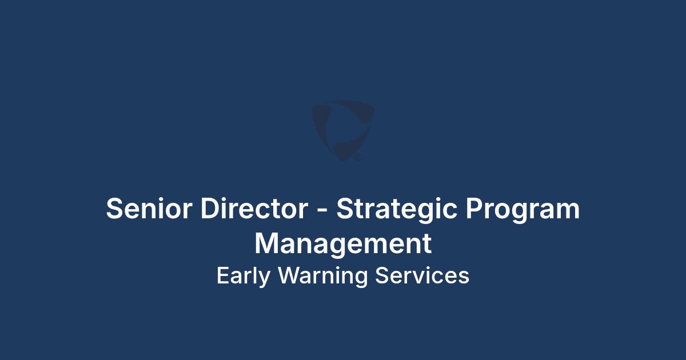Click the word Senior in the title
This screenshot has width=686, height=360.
149,208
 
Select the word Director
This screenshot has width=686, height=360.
254,208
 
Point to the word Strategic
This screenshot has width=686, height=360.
397,211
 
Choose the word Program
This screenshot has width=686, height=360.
523,211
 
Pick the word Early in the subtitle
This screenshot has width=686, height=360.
244,277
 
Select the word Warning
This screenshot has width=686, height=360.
323,277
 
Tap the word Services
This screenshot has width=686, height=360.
422,275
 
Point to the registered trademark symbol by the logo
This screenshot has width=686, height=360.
358,158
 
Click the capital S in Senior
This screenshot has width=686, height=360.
114,208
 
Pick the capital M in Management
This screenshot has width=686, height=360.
267,243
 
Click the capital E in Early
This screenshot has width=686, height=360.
223,275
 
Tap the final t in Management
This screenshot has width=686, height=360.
428,245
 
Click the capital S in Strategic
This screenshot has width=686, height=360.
345,208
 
